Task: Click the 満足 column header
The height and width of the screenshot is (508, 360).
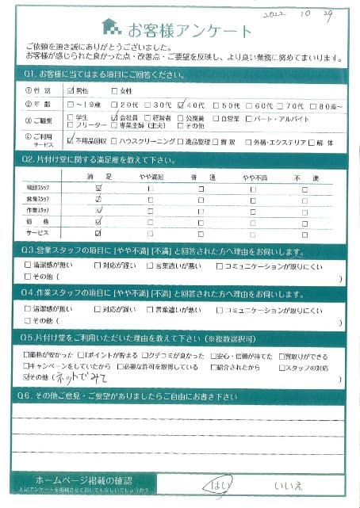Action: coord(98,180)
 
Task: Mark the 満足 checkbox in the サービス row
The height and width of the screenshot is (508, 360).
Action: coord(98,234)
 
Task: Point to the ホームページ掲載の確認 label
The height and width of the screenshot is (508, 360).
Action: coord(84,480)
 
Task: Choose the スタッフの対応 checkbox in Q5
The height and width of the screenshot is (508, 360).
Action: coord(281,367)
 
